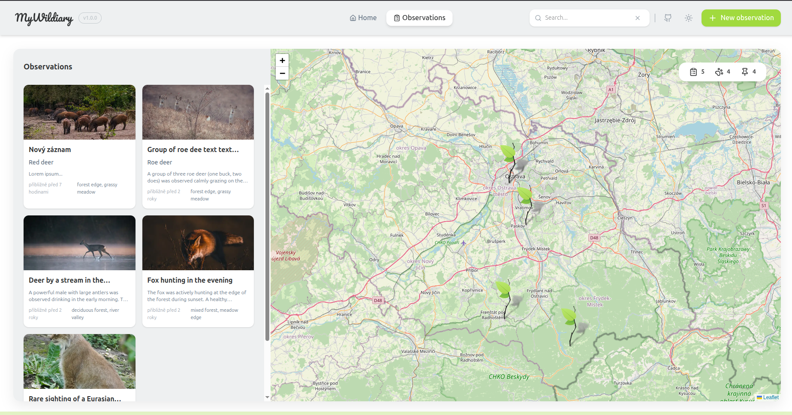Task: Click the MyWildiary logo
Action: [x=44, y=18]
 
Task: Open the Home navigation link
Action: [x=363, y=18]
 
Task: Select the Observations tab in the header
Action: [x=419, y=18]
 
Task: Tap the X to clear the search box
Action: [x=638, y=18]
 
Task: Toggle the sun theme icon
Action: [x=689, y=18]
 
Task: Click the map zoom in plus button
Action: [x=282, y=60]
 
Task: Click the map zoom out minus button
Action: [x=282, y=73]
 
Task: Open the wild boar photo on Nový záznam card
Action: [x=79, y=112]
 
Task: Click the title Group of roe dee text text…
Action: [x=193, y=149]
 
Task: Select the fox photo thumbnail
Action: [x=198, y=243]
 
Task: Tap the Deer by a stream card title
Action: [x=69, y=280]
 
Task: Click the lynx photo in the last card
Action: [x=79, y=361]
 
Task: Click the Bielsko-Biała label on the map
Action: [x=753, y=182]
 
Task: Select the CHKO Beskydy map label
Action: [x=509, y=377]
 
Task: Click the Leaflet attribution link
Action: [x=771, y=397]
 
